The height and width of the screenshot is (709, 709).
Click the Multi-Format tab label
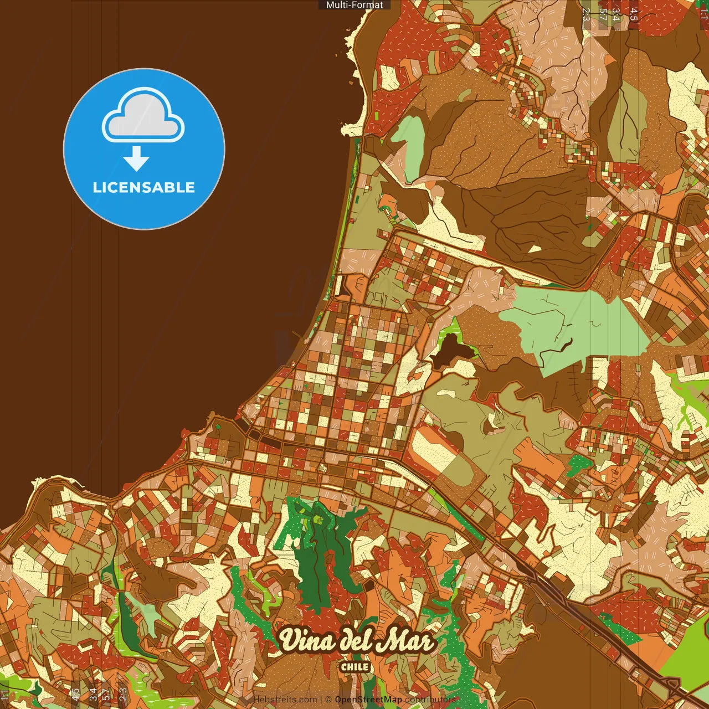click(x=354, y=5)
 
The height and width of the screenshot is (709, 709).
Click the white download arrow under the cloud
click(x=136, y=158)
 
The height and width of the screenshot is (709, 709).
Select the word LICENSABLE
click(x=144, y=187)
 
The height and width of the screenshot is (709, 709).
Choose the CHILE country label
click(x=355, y=667)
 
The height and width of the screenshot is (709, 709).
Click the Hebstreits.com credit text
click(x=285, y=700)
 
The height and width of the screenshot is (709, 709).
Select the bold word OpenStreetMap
click(x=368, y=700)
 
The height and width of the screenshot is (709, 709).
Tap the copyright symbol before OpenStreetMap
click(x=328, y=700)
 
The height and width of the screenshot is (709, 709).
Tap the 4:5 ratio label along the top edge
click(x=634, y=14)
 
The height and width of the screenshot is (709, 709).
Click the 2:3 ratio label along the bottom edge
click(x=123, y=694)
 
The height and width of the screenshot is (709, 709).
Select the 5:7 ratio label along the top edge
click(x=603, y=14)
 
